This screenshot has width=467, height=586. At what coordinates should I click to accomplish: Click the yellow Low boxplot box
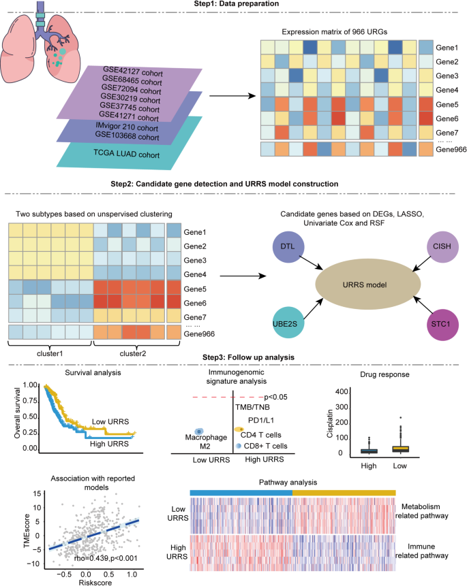point(400,449)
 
